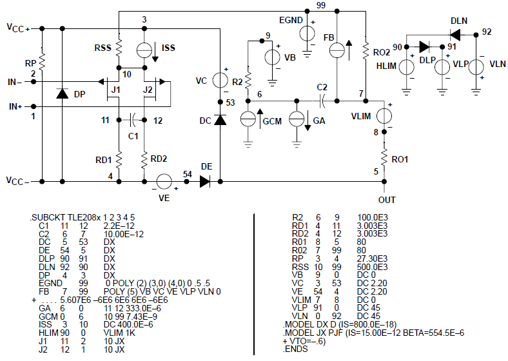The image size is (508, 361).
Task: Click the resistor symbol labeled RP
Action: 41,61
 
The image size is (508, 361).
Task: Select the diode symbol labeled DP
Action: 62,93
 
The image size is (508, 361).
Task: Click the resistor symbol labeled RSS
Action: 119,48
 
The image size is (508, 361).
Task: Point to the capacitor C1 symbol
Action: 132,120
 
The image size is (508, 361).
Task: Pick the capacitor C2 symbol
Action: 322,100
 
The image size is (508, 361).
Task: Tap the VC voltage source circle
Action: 220,81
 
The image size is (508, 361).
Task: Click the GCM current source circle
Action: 248,119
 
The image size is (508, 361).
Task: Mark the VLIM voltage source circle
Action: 384,116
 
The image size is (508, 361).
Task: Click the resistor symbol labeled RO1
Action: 384,155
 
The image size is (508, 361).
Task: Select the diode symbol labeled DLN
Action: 458,34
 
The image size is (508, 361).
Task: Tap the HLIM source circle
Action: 409,66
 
